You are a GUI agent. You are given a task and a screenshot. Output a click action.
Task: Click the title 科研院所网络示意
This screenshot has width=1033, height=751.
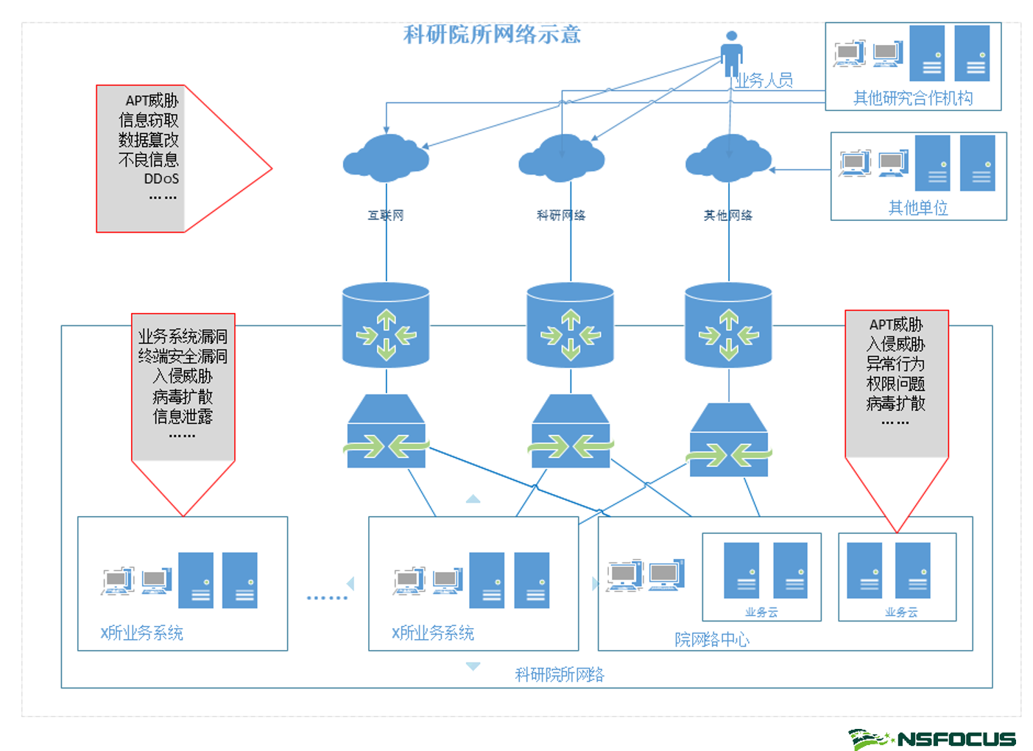pyautogui.click(x=492, y=34)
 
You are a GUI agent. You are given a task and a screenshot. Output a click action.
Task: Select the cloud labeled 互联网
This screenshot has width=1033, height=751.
pyautogui.click(x=386, y=158)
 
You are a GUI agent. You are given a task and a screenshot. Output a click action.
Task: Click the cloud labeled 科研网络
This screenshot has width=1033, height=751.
pyautogui.click(x=562, y=158)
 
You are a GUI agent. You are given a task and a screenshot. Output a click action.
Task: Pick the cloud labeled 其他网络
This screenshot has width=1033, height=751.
pyautogui.click(x=728, y=158)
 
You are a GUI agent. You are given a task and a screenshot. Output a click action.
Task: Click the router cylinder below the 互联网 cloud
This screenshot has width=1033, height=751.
pyautogui.click(x=386, y=325)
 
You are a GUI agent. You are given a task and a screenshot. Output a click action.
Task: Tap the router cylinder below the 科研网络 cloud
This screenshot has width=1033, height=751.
pyautogui.click(x=570, y=325)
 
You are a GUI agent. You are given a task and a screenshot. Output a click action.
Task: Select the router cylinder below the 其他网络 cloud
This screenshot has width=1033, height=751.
pyautogui.click(x=728, y=325)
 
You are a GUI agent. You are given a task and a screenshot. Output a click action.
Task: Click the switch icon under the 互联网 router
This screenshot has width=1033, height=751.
pyautogui.click(x=387, y=432)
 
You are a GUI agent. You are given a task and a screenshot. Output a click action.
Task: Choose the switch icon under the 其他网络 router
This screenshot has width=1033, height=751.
pyautogui.click(x=729, y=441)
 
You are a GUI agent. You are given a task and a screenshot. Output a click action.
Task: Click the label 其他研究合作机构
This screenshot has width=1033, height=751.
pyautogui.click(x=912, y=98)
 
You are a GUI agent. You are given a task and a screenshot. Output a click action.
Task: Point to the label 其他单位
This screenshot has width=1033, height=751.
pyautogui.click(x=918, y=208)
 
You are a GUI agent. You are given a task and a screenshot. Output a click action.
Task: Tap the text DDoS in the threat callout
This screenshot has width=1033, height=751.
pyautogui.click(x=161, y=179)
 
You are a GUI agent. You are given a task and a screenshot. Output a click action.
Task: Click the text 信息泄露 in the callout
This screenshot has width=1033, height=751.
pyautogui.click(x=183, y=417)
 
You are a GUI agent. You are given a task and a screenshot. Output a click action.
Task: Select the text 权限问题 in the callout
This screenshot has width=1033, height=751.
pyautogui.click(x=895, y=384)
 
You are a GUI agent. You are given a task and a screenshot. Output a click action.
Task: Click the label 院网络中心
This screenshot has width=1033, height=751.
pyautogui.click(x=712, y=639)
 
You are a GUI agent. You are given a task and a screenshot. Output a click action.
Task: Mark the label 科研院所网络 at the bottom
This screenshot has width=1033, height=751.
pyautogui.click(x=560, y=674)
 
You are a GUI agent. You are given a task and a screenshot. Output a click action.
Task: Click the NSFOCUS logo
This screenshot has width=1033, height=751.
pyautogui.click(x=933, y=738)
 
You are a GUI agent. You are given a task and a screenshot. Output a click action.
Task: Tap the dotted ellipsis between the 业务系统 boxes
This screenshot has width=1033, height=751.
pyautogui.click(x=327, y=597)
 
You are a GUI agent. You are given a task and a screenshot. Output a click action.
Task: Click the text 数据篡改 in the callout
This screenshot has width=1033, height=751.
pyautogui.click(x=149, y=140)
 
